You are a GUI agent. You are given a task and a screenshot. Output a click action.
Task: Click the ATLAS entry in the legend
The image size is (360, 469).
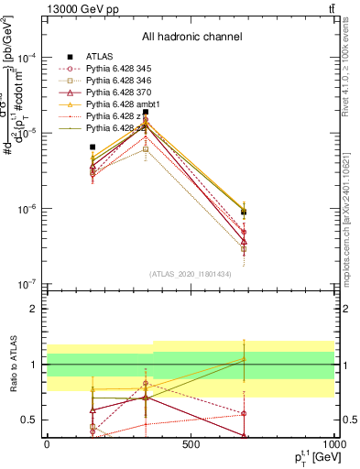pyautogui.click(x=99, y=56)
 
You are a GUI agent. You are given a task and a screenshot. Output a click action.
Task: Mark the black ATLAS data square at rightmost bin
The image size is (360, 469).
pyautogui.click(x=244, y=212)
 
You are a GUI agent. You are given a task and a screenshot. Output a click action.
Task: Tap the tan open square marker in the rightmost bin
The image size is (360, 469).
pyautogui.click(x=244, y=248)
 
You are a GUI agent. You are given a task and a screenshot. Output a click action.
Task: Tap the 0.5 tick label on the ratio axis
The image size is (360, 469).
pyautogui.click(x=29, y=420)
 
